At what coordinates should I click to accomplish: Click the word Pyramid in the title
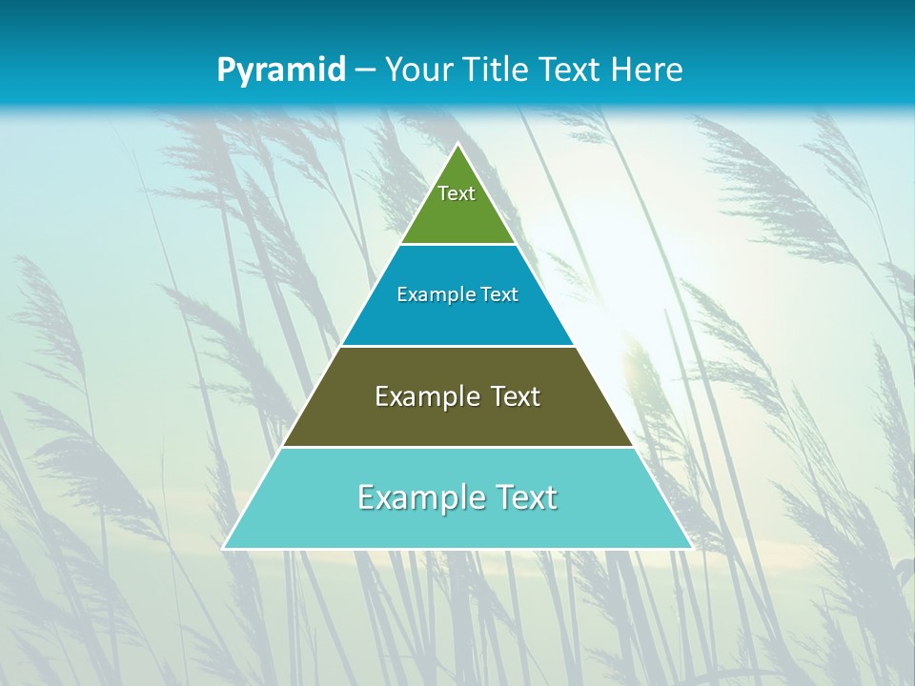pyautogui.click(x=281, y=71)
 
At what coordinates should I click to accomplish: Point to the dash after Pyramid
pyautogui.click(x=365, y=71)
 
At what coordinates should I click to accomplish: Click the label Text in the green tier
pyautogui.click(x=457, y=193)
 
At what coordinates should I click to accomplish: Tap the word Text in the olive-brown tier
pyautogui.click(x=516, y=396)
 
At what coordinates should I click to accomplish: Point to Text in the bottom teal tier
pyautogui.click(x=526, y=497)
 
